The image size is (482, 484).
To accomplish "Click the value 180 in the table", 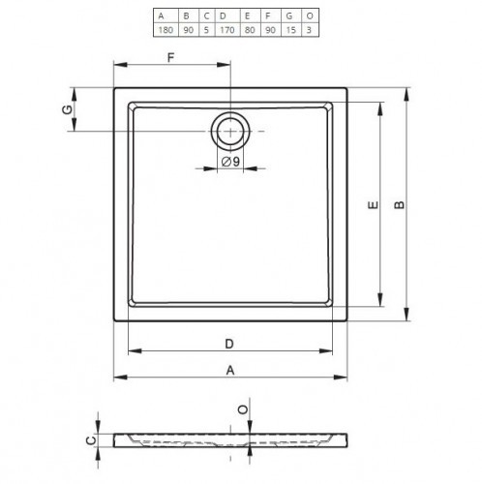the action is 166,30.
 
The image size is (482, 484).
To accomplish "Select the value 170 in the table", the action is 227,30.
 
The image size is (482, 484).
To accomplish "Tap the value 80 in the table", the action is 250,30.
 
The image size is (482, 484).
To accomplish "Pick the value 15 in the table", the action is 290,30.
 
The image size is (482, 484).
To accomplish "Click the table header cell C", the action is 206,15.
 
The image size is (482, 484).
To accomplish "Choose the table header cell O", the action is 310,15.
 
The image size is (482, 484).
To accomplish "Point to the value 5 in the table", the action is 206,30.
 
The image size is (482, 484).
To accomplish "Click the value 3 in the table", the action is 309,30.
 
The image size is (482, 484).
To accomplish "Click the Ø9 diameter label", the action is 230,162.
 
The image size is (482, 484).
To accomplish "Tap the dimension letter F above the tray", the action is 170,57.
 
